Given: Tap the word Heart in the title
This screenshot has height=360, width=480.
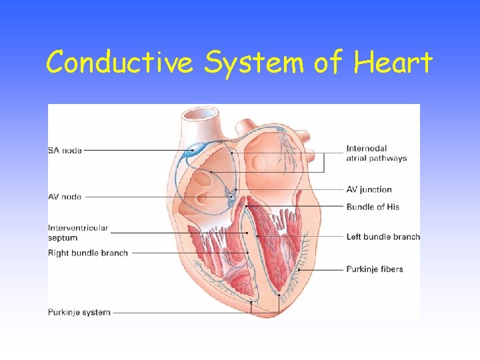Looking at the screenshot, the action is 393,63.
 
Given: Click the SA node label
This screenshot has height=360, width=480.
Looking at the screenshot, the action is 65,151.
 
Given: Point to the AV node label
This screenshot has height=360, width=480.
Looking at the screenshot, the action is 65,197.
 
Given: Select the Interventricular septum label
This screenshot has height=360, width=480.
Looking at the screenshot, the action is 77,233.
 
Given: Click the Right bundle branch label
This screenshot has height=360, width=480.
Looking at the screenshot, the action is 87,253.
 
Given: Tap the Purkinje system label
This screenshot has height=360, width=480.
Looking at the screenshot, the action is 79,312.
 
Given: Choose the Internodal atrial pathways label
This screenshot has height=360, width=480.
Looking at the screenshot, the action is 376,153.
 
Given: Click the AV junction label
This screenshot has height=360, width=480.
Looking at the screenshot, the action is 369,189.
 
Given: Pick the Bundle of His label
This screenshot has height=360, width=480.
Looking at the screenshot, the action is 373,207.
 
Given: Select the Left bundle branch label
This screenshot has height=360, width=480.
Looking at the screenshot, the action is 383,237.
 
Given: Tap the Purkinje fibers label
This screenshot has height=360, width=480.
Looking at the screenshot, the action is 374,269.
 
